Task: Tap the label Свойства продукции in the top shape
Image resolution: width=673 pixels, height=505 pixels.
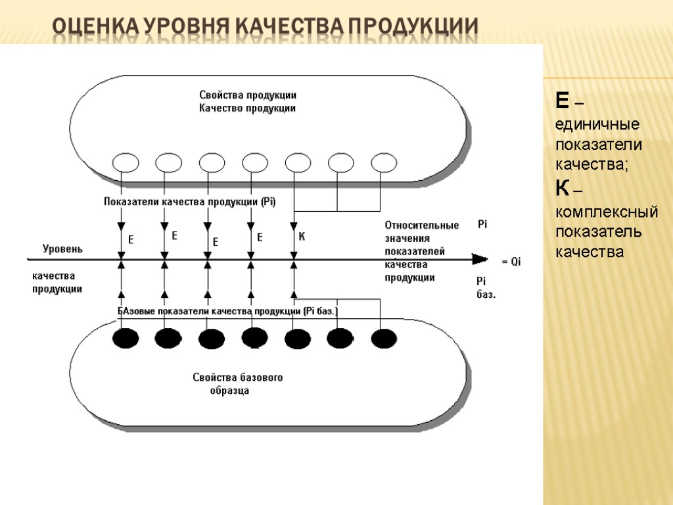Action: pyautogui.click(x=248, y=95)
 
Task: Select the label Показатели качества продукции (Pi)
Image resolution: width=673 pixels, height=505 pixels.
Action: pyautogui.click(x=189, y=202)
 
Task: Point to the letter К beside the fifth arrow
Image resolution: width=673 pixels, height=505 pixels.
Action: pyautogui.click(x=302, y=237)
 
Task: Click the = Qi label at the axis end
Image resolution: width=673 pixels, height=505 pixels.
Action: pyautogui.click(x=511, y=262)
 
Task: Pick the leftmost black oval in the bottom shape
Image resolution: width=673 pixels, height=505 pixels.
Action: pyautogui.click(x=126, y=338)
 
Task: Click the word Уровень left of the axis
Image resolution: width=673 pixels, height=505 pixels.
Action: pyautogui.click(x=62, y=249)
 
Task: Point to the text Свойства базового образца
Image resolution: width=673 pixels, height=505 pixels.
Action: pyautogui.click(x=237, y=384)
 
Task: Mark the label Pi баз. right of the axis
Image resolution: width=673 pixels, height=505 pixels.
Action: pyautogui.click(x=485, y=288)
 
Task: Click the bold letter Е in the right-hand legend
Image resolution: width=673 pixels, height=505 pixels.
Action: pyautogui.click(x=562, y=101)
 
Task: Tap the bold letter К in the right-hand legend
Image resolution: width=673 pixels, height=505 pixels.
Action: pyautogui.click(x=562, y=189)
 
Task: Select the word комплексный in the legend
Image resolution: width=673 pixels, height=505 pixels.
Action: pyautogui.click(x=607, y=212)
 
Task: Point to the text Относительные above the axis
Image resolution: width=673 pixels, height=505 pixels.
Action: pyautogui.click(x=421, y=226)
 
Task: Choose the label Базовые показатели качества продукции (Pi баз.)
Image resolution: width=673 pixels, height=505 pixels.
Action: pyautogui.click(x=227, y=310)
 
